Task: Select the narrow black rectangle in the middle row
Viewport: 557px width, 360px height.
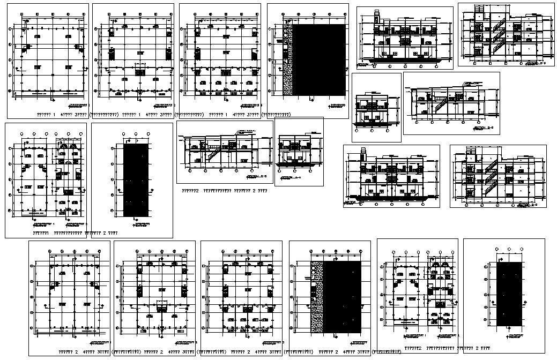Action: tap(136, 180)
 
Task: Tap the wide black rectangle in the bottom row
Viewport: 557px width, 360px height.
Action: tap(341, 297)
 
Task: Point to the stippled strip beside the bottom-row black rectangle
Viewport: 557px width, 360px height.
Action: tap(316, 297)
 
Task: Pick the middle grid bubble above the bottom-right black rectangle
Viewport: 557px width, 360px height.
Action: tap(509, 249)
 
